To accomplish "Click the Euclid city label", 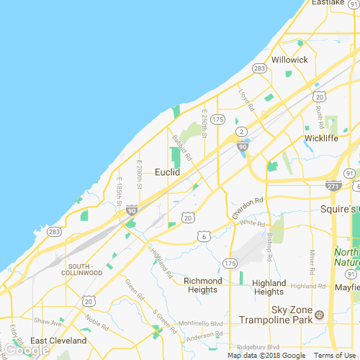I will tap(167, 173).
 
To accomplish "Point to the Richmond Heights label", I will tap(203, 286).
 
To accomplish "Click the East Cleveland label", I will tap(58, 341).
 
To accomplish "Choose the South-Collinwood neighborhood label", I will tap(81, 269).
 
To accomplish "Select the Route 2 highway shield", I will tap(243, 130).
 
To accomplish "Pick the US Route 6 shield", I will tap(205, 235).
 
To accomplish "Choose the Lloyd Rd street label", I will tap(247, 100).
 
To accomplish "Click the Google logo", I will tap(26, 351).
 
